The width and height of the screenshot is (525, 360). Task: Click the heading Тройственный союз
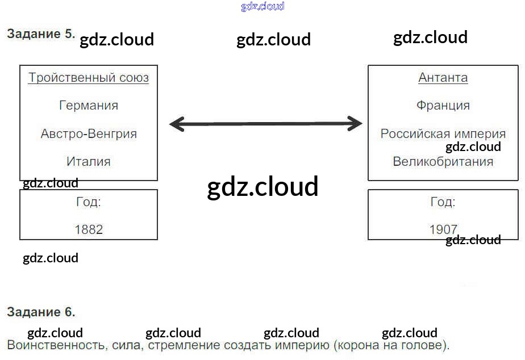[89, 78]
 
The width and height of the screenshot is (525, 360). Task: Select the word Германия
[89, 106]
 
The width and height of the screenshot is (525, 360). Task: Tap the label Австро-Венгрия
[89, 134]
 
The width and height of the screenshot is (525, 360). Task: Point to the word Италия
[89, 162]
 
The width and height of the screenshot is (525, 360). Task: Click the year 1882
[89, 229]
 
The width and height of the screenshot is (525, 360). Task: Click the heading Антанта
[443, 78]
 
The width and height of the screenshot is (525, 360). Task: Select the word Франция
[443, 106]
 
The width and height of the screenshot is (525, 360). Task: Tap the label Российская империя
[443, 134]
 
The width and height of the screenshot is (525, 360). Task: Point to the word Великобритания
[443, 162]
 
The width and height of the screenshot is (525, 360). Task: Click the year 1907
[443, 229]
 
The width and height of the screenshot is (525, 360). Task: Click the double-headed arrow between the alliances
[266, 123]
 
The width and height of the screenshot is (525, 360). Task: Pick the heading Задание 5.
[41, 34]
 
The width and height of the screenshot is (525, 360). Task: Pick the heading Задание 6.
[41, 312]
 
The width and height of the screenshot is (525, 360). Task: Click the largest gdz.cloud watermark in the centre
[262, 187]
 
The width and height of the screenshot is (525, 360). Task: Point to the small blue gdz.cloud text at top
[262, 7]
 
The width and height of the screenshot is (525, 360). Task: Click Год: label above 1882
[89, 202]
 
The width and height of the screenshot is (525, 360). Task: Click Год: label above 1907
[443, 202]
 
